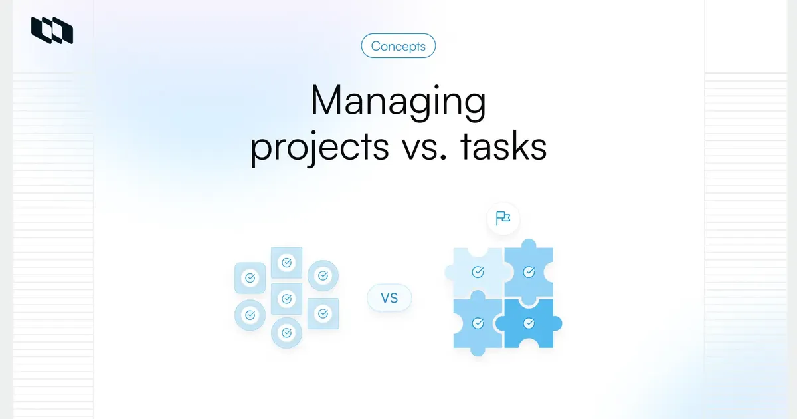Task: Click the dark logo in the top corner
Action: [x=52, y=31]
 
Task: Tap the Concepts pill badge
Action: [x=398, y=46]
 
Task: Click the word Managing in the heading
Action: [x=398, y=103]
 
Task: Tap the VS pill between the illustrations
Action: [x=389, y=298]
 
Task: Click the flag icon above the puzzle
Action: [x=503, y=218]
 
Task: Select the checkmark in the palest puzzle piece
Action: [x=478, y=272]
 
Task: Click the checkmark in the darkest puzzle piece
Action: [x=529, y=323]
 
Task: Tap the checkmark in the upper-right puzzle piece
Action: [x=529, y=272]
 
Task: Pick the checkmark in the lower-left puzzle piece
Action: [x=478, y=323]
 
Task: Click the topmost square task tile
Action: [x=286, y=263]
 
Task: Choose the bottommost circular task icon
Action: [x=286, y=331]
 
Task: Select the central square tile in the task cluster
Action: [x=286, y=299]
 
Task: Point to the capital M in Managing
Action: [x=327, y=103]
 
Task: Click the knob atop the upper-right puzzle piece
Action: [x=529, y=243]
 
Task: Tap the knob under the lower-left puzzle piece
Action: [x=478, y=351]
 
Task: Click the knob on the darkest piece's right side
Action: [x=557, y=323]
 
